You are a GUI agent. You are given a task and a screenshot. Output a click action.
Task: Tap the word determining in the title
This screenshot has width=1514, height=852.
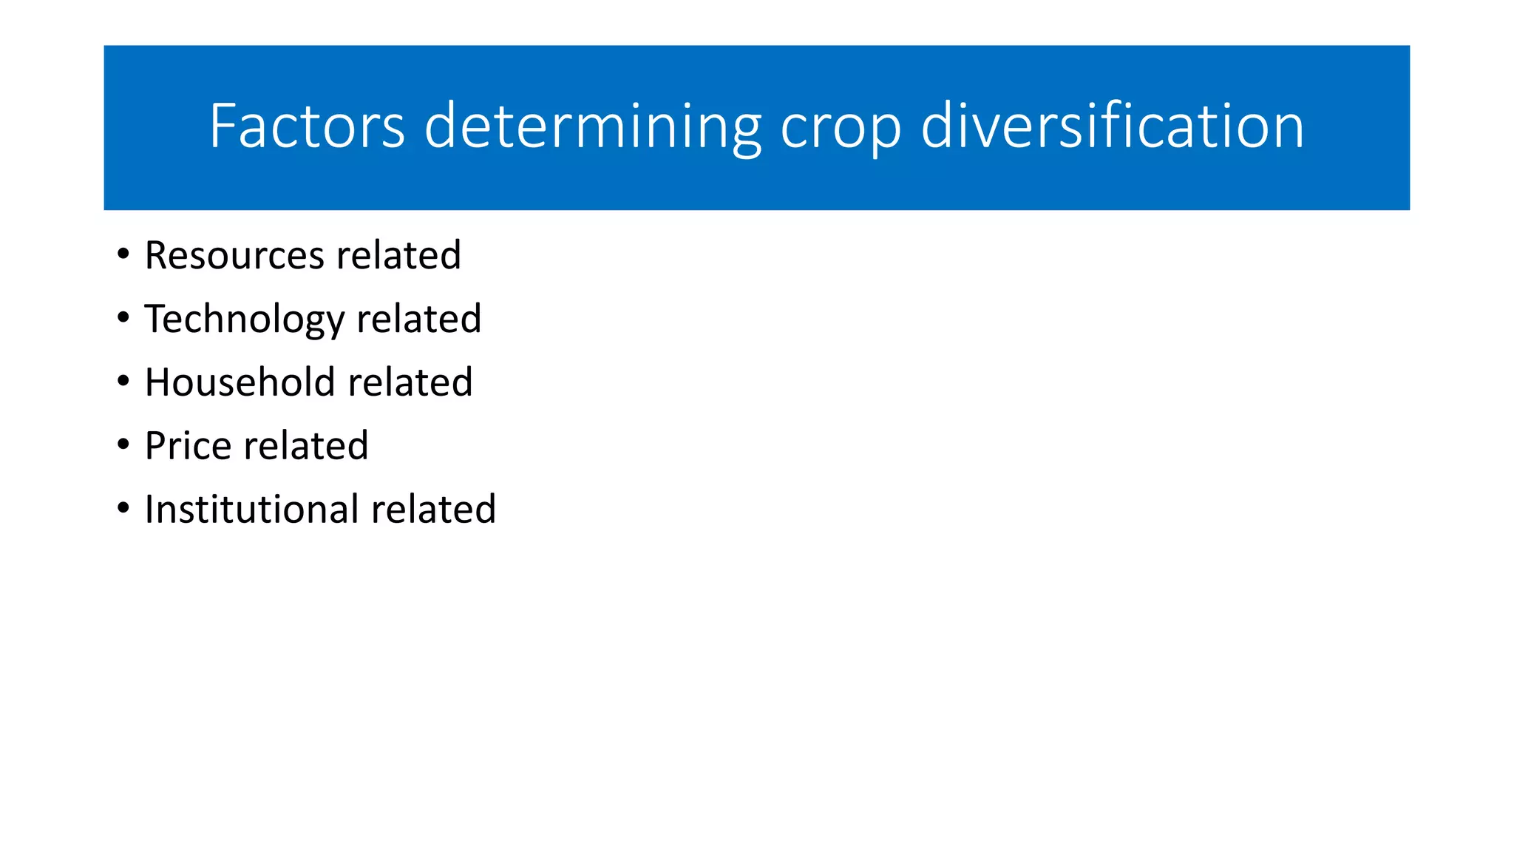(592, 127)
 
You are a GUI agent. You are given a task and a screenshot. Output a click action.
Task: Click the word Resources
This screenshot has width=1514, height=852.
(234, 255)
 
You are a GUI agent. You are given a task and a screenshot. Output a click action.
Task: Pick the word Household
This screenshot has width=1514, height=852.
(240, 382)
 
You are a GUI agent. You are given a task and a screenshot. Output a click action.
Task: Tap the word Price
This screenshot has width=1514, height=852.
(188, 446)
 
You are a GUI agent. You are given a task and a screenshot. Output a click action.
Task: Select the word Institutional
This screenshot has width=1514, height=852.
(251, 510)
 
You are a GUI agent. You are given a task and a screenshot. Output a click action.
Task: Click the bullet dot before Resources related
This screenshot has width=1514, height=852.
(123, 254)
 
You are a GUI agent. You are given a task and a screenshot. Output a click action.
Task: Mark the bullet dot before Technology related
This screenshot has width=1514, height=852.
(123, 318)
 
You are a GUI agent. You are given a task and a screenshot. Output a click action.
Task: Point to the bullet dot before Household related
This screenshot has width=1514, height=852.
(123, 382)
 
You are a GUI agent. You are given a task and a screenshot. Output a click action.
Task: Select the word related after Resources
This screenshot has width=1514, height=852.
(398, 255)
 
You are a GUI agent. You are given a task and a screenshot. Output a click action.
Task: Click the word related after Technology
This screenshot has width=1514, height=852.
(418, 319)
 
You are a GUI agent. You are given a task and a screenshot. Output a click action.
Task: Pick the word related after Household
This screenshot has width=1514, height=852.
(410, 382)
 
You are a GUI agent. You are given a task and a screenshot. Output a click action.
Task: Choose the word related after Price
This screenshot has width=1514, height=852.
(305, 446)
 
